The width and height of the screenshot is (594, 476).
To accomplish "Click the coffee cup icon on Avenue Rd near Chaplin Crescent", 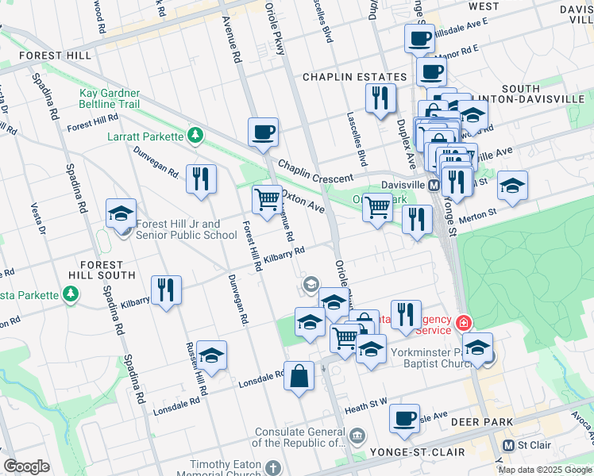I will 263,132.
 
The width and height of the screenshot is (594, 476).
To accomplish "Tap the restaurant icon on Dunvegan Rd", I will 201,178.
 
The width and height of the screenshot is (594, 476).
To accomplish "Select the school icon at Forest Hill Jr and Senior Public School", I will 121,213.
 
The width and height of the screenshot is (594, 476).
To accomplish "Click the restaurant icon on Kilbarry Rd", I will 166,290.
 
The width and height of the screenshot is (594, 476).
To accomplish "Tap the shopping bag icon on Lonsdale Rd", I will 298,377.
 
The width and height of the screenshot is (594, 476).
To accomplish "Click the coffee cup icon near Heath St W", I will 404,418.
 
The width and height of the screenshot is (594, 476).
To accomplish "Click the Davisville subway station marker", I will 434,185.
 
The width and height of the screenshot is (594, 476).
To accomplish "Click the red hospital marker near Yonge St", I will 462,323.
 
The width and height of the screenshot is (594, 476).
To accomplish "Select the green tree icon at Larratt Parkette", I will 195,136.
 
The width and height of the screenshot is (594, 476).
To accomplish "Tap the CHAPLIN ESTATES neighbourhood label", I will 354,77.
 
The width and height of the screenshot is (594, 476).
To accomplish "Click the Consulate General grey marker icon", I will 357,436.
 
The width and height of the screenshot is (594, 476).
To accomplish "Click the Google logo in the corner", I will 26,466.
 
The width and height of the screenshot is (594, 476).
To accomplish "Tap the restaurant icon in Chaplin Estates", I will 380,98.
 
